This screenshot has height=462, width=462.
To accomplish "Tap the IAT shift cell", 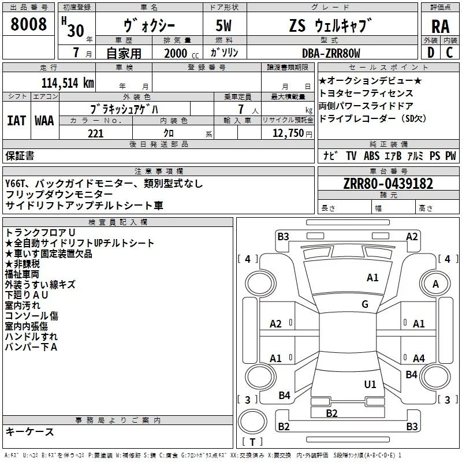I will click(16, 120).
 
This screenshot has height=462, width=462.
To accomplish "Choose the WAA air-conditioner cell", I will click(44, 120).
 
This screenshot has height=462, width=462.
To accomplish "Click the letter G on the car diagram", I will click(365, 304).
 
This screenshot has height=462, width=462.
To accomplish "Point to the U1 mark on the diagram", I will click(370, 383).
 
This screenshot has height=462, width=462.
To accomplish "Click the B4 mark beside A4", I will click(411, 375).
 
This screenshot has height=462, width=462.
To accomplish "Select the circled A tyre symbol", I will click(436, 284).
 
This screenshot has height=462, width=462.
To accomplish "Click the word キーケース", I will click(29, 432).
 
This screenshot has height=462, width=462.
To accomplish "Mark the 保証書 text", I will click(20, 155).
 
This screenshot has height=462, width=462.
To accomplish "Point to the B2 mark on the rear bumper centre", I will click(331, 413).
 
